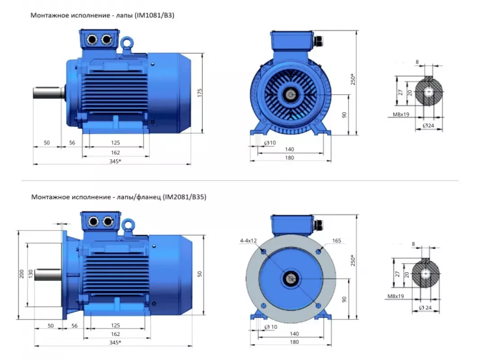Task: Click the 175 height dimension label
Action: (200, 93)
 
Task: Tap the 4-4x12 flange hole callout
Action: (248, 241)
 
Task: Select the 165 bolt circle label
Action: (336, 241)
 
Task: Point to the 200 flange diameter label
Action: (22, 274)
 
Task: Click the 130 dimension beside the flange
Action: (30, 274)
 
